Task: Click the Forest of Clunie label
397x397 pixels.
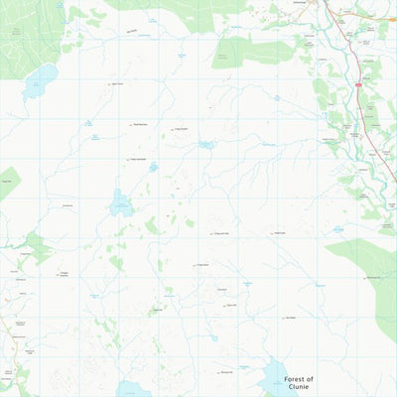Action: click(x=298, y=383)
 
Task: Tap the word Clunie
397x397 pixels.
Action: click(x=298, y=388)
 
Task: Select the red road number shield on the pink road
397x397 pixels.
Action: click(x=357, y=85)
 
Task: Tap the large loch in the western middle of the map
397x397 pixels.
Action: click(x=121, y=204)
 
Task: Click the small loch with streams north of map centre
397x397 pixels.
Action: click(x=205, y=145)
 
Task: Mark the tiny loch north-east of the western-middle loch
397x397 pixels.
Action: click(x=153, y=167)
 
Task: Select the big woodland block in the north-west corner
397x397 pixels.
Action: click(x=30, y=30)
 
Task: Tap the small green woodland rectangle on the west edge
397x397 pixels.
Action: click(x=7, y=183)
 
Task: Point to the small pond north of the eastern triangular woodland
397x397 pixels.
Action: click(x=338, y=230)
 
